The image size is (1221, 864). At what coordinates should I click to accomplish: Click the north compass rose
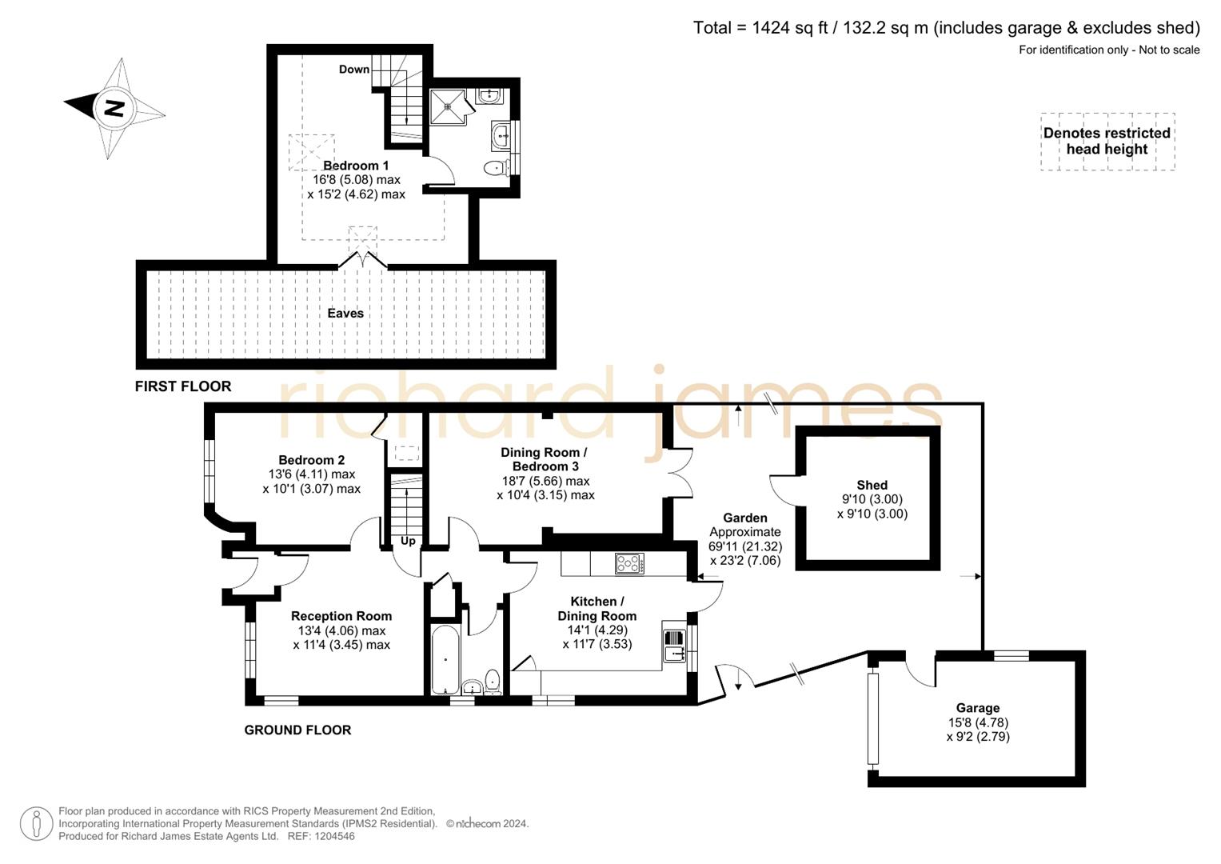click(114, 108)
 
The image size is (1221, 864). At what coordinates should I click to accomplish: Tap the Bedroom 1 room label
click(356, 166)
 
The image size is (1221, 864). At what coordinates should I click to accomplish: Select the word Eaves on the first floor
click(345, 314)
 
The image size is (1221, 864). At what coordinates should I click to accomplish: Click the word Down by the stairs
click(353, 70)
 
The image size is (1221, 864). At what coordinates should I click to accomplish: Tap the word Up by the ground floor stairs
click(408, 541)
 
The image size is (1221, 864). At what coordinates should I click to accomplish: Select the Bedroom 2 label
click(311, 460)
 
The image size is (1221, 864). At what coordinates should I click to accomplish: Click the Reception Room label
click(341, 616)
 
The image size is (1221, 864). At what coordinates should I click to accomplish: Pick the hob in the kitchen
click(629, 564)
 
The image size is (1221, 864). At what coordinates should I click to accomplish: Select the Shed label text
click(872, 485)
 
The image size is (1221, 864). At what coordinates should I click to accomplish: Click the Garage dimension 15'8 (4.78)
click(978, 722)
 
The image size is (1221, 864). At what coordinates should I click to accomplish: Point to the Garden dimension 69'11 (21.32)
click(745, 546)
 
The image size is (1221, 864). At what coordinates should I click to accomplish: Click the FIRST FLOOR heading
click(183, 386)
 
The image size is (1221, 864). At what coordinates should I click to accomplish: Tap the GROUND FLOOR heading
click(297, 730)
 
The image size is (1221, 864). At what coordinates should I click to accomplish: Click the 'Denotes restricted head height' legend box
click(1107, 142)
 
